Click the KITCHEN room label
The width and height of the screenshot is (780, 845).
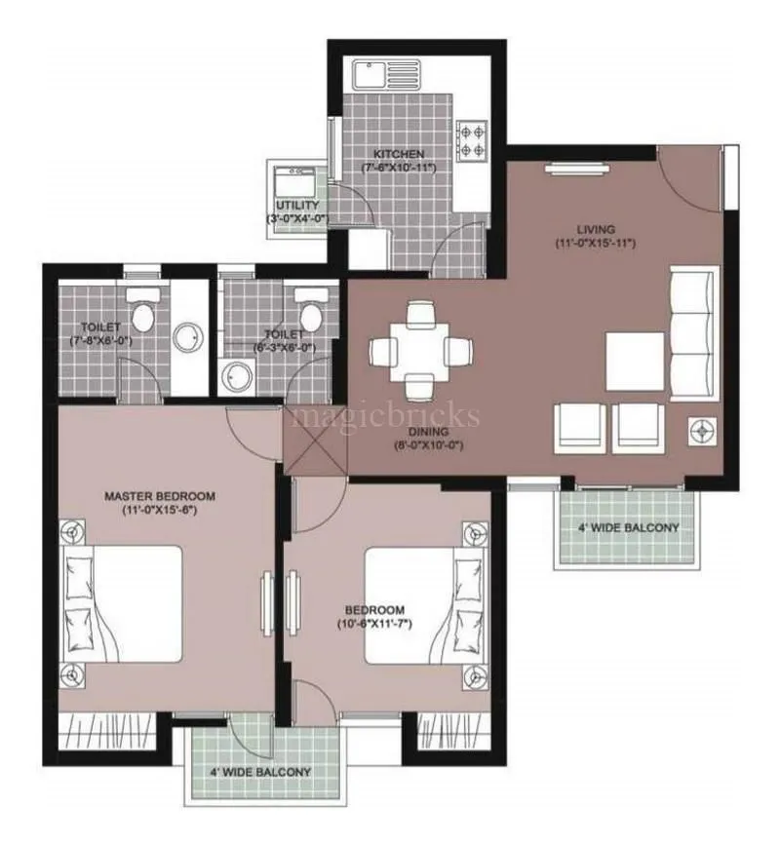point(398,154)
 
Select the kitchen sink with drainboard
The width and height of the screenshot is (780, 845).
point(387,74)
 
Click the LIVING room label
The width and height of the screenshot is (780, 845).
point(595,229)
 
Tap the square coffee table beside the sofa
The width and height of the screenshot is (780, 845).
point(635,361)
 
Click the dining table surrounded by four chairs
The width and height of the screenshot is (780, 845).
point(420,350)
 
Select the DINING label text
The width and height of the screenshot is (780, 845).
point(429,431)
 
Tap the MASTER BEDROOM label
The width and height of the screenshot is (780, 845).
point(160,496)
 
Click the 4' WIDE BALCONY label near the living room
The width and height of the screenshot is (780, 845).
point(627,528)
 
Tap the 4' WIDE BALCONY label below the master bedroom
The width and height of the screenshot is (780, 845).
point(259,772)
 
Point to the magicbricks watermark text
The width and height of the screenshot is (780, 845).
point(387,417)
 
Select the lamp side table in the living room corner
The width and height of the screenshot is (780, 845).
point(701,428)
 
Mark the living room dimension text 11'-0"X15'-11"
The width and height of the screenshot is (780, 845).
point(596,243)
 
